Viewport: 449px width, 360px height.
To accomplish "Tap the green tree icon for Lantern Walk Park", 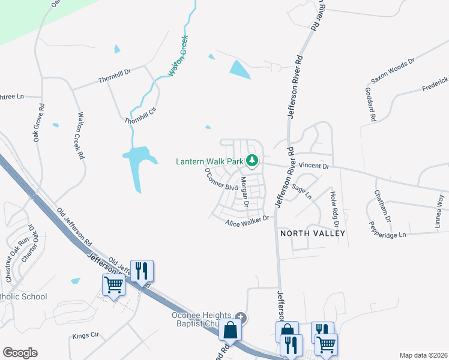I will [x=253, y=161].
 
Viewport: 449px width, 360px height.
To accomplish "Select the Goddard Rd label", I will [x=370, y=105].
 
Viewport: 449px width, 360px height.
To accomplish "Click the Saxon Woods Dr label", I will [x=393, y=70].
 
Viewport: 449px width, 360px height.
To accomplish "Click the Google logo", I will [x=20, y=353].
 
